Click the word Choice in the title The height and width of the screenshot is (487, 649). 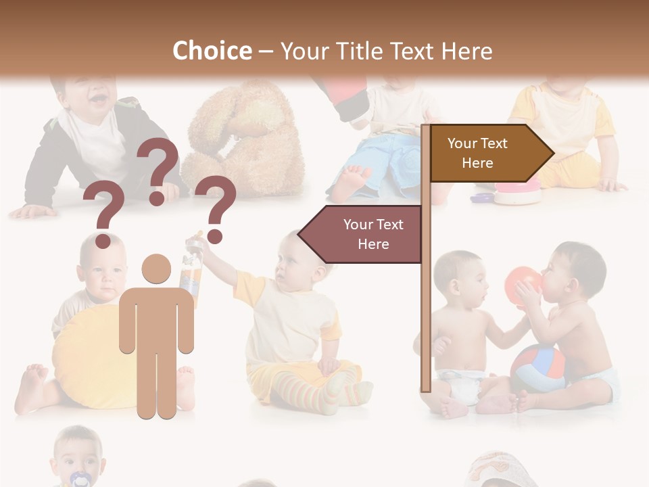tap(212, 51)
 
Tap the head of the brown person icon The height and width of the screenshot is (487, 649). tap(156, 269)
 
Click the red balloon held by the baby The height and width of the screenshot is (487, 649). tap(523, 283)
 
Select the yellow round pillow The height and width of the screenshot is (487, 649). tap(88, 358)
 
